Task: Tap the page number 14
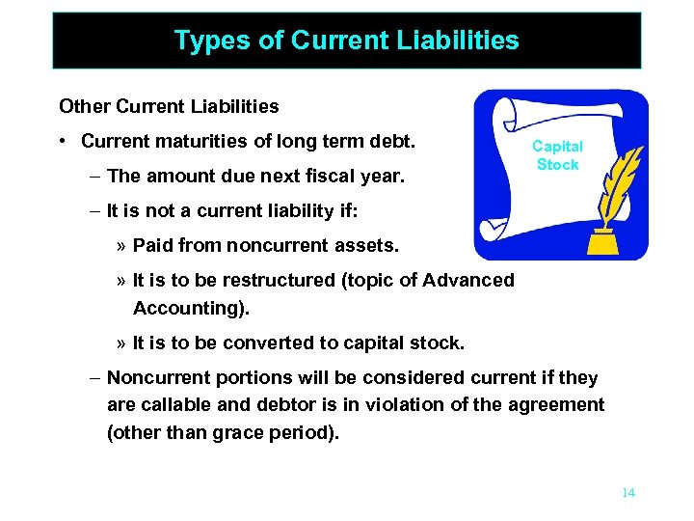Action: pos(628,492)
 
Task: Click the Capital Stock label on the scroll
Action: pos(557,155)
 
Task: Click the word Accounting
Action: pos(185,308)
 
